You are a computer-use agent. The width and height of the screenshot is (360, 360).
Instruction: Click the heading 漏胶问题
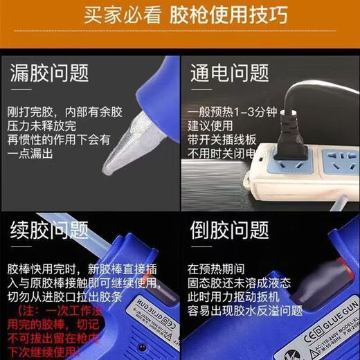tap(48, 73)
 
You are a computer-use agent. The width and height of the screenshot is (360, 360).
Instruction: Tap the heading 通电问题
tap(229, 73)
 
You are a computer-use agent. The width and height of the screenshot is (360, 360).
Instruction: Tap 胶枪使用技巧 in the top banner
tap(222, 15)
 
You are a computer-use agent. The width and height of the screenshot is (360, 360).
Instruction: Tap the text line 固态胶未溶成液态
tap(239, 282)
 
